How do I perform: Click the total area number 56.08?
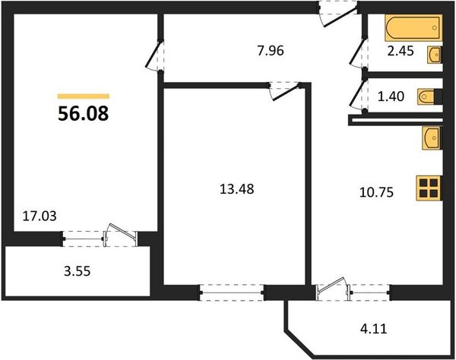83,113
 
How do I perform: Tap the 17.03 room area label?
40,216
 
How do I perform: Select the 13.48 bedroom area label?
236,189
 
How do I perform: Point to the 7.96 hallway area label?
271,51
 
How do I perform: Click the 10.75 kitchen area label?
376,192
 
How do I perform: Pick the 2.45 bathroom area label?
401,51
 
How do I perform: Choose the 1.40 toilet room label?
391,96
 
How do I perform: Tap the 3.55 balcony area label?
77,271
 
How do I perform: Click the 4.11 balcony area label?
374,329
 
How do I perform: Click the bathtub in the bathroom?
413,28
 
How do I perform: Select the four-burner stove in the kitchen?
429,188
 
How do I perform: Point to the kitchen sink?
432,138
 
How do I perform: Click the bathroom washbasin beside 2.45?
435,55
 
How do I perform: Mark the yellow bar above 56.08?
84,96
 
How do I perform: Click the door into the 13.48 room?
285,91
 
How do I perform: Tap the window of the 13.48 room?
232,292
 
